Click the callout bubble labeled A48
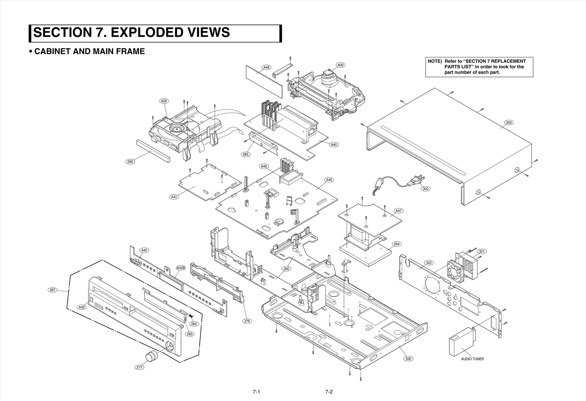coord(266,67)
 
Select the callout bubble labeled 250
coord(509,122)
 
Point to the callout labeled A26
coord(164,101)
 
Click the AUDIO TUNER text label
coord(472,359)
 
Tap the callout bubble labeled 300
coord(425,189)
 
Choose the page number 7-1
coord(256,392)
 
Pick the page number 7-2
coord(329,392)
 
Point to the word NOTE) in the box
coord(435,61)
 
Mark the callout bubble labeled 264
coord(397,244)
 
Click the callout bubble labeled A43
coord(82,307)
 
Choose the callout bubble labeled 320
coord(429,263)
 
